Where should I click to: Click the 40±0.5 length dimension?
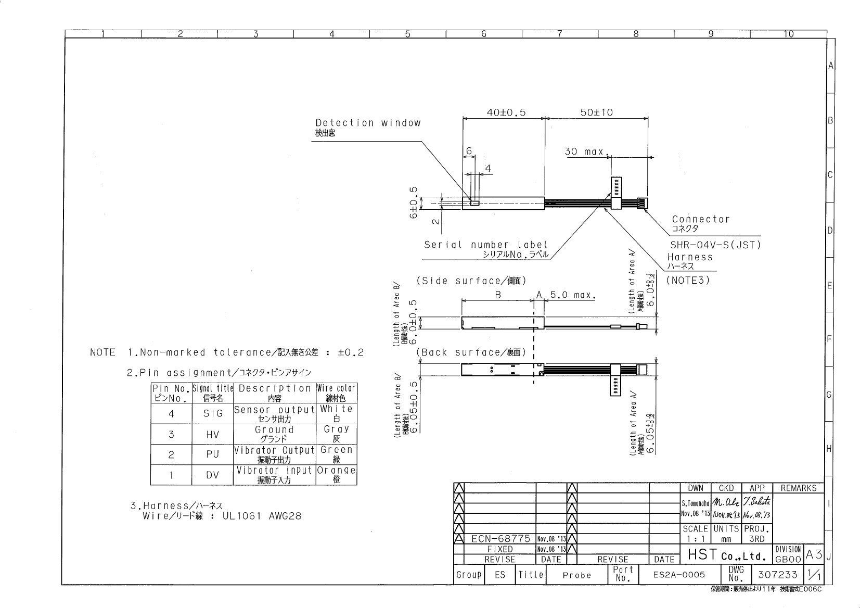(506, 112)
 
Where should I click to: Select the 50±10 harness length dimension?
(596, 112)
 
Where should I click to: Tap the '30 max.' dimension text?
(586, 151)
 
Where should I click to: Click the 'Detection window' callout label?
(367, 123)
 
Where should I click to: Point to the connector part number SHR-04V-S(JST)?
(715, 245)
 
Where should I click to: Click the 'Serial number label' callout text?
(485, 245)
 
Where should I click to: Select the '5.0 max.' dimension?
(572, 295)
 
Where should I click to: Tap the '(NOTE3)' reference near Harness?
(688, 280)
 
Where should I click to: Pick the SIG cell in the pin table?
(212, 413)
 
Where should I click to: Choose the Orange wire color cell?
(336, 470)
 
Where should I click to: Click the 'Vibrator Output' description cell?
(274, 450)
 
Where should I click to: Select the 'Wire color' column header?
(337, 388)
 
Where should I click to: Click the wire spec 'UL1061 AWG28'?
(262, 516)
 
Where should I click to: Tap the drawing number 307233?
(777, 575)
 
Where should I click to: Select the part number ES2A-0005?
(679, 575)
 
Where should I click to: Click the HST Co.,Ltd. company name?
(727, 555)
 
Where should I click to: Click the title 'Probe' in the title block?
(577, 575)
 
